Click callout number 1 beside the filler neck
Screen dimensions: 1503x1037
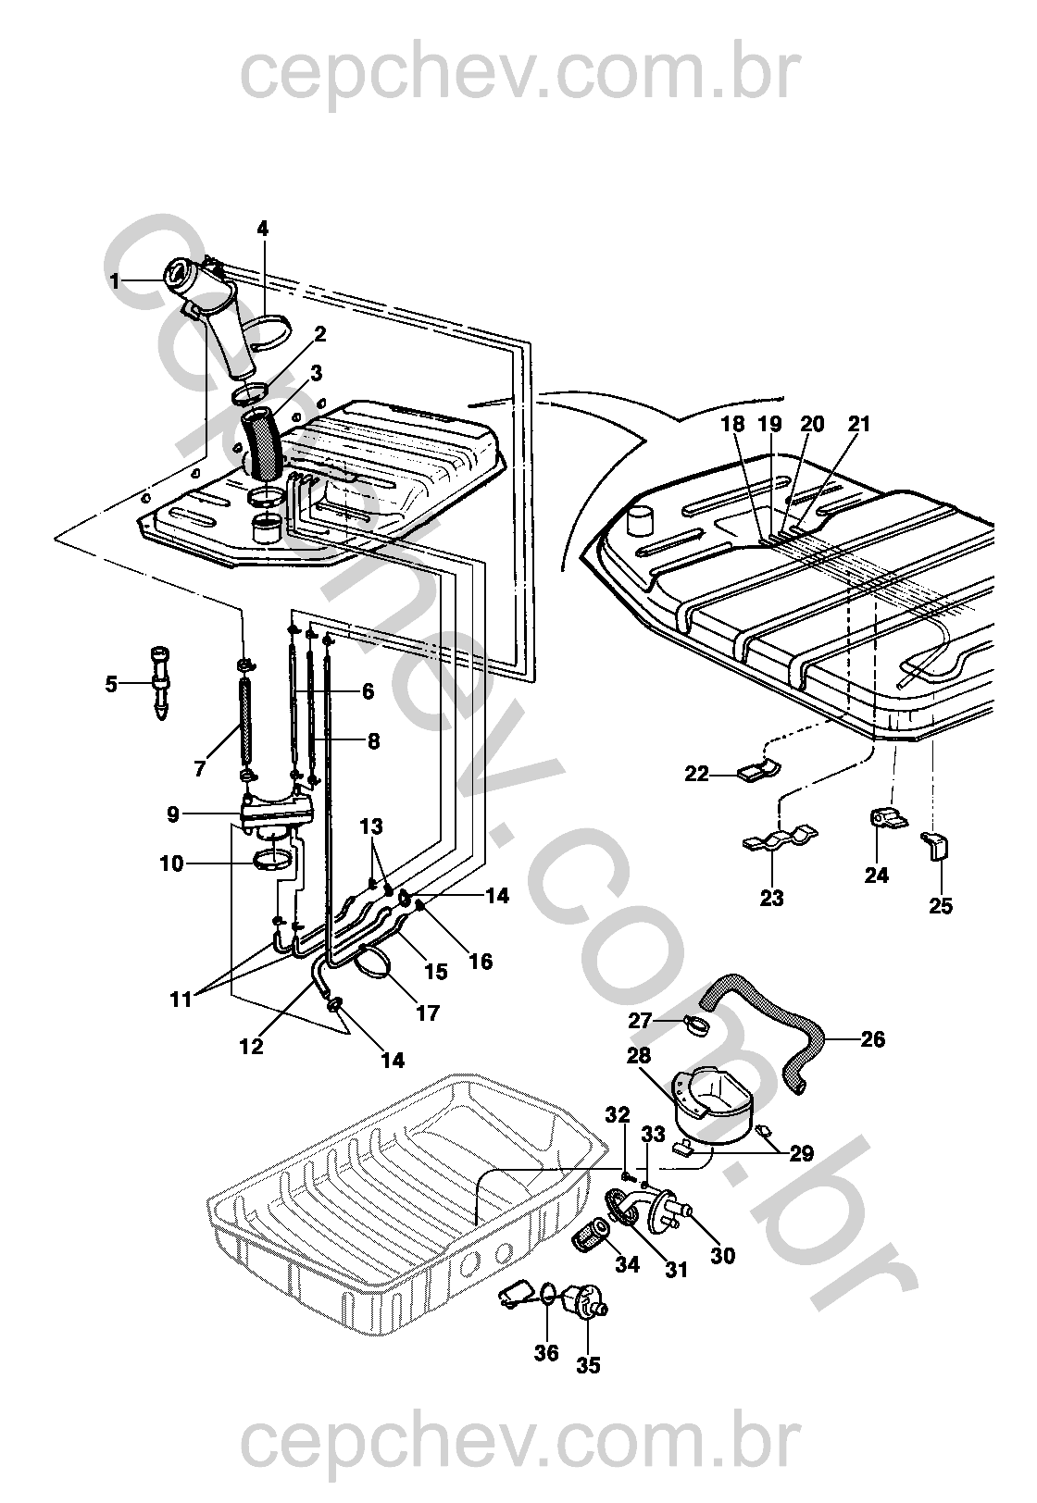tap(115, 280)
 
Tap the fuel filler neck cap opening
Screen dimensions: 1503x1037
tap(176, 275)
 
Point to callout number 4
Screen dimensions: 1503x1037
tap(263, 228)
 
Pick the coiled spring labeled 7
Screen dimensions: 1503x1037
tap(245, 723)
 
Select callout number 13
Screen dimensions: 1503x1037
tap(372, 826)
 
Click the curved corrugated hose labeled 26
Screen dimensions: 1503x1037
tap(768, 1025)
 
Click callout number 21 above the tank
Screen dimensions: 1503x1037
tap(859, 425)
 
